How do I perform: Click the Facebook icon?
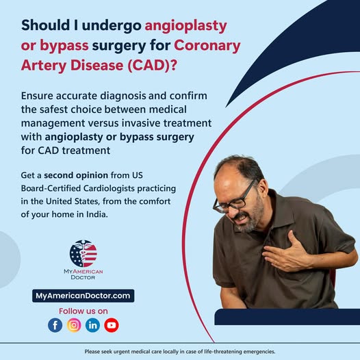(x=55, y=325)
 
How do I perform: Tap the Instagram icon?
(x=74, y=325)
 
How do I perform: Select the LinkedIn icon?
(x=93, y=325)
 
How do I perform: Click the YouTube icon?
(x=112, y=325)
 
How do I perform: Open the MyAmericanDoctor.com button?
(x=83, y=296)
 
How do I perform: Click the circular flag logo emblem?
(x=83, y=253)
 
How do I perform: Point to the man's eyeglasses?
(x=234, y=200)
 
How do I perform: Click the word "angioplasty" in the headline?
(x=185, y=26)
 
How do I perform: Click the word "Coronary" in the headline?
(x=207, y=46)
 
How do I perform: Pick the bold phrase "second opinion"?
(x=76, y=175)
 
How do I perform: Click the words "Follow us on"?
(x=83, y=311)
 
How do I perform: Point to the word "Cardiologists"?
(x=109, y=188)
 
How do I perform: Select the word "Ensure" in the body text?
(x=37, y=96)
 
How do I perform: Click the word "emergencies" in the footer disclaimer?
(x=259, y=352)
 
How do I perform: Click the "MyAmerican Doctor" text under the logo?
(x=83, y=274)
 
